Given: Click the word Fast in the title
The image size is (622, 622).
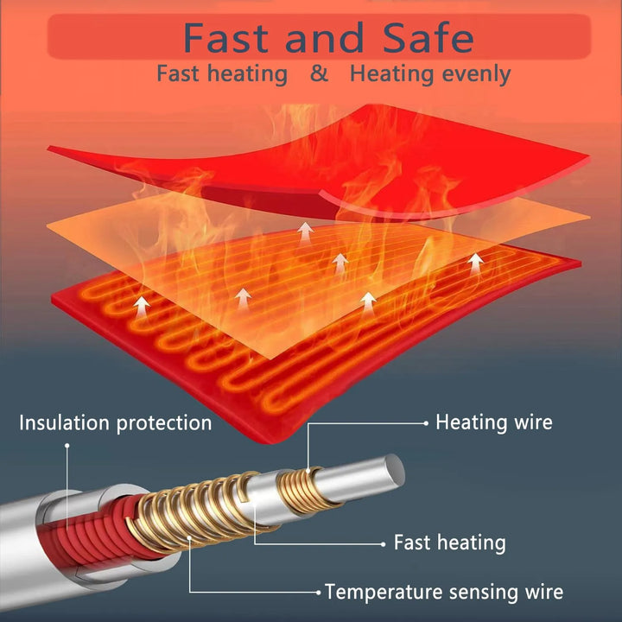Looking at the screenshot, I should (x=226, y=38).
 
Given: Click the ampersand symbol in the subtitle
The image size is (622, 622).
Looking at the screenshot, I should (x=320, y=74).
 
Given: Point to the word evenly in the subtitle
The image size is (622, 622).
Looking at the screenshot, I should (x=476, y=74).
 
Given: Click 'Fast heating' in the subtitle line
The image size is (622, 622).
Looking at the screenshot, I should (x=222, y=74).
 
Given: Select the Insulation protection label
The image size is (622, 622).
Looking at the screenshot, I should (x=115, y=422).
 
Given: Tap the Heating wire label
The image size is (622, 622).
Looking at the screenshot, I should (x=493, y=422).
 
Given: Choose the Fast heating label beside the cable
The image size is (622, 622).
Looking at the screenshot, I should (x=449, y=543).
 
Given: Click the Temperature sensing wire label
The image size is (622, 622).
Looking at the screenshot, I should (x=443, y=592).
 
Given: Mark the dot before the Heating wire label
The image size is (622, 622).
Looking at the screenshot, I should (x=426, y=422).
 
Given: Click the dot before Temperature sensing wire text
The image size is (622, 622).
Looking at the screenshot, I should (x=319, y=593).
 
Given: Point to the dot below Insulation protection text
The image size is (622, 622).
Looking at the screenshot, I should (x=67, y=447).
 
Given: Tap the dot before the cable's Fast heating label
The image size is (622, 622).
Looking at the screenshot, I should (x=384, y=543).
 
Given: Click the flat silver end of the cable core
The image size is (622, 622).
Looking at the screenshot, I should (x=395, y=469).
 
